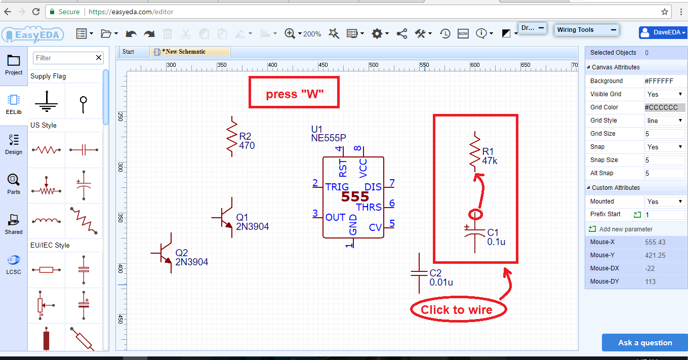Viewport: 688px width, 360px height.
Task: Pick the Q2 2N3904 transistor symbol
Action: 164,253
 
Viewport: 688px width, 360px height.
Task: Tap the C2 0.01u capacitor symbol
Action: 419,273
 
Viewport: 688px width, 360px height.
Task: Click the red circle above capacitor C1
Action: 475,214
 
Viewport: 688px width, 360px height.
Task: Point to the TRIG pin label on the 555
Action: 337,187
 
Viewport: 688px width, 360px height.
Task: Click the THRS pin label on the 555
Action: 369,207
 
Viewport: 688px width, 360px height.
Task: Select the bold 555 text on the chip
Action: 355,197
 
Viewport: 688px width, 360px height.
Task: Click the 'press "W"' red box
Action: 294,92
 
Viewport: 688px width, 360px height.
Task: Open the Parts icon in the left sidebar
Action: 14,184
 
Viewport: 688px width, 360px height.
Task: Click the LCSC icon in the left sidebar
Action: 14,264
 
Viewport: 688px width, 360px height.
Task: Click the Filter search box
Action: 63,58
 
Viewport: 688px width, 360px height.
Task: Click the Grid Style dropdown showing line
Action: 665,121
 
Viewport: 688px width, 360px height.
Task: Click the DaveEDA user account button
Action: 662,33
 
